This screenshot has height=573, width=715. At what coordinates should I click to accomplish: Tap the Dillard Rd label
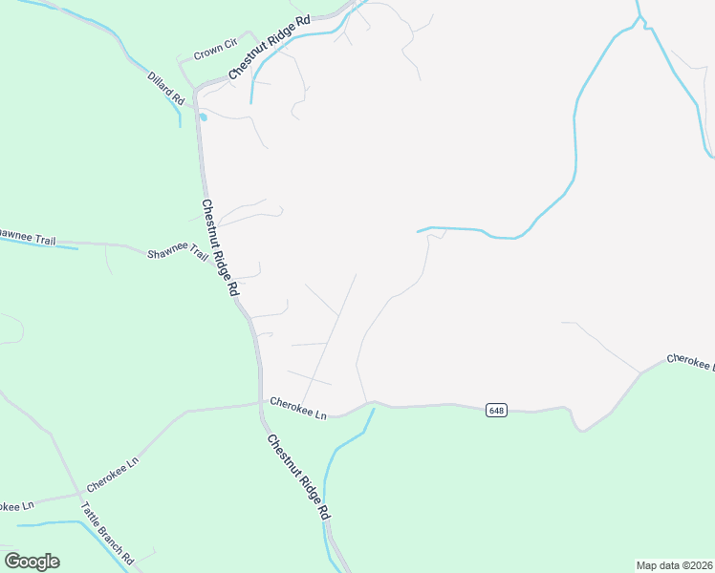click(165, 88)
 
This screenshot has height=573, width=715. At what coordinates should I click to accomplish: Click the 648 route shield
click(495, 410)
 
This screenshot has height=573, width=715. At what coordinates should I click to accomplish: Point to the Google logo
click(32, 562)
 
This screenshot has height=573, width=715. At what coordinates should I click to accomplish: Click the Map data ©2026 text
click(674, 565)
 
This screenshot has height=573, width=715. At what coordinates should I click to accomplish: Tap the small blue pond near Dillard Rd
click(203, 117)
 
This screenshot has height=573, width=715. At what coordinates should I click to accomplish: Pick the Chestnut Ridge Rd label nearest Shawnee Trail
click(219, 247)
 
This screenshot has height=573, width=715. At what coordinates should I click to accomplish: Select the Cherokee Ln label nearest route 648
click(298, 408)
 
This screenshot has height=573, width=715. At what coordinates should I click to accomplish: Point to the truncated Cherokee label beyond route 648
click(689, 361)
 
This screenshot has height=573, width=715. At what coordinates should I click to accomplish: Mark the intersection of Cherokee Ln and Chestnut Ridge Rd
click(260, 403)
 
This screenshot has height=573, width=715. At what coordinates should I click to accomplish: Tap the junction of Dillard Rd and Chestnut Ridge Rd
click(195, 92)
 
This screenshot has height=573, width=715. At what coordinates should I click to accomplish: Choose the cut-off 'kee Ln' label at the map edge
click(16, 504)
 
